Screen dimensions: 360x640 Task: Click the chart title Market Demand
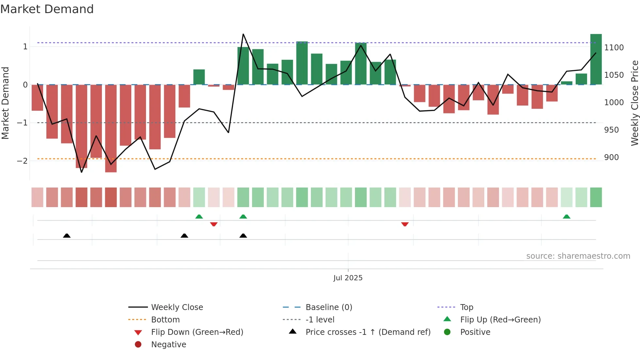click(x=47, y=9)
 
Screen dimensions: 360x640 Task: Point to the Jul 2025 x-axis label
click(x=348, y=278)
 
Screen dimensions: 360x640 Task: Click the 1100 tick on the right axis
click(x=614, y=48)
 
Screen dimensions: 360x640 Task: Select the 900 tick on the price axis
click(x=611, y=157)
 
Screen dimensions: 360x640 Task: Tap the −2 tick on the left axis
click(x=22, y=161)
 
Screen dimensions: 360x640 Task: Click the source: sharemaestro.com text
click(x=578, y=256)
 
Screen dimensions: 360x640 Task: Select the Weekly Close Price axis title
click(x=634, y=103)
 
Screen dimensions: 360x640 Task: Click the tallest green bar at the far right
click(x=596, y=59)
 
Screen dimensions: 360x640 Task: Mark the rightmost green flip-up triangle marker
click(x=567, y=217)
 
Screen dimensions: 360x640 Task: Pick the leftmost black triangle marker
click(x=67, y=236)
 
